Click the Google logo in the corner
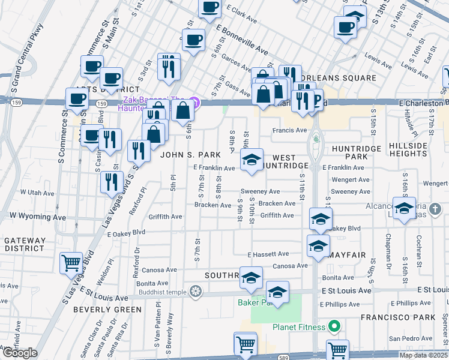(x=20, y=353)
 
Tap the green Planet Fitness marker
(x=335, y=327)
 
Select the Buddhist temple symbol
(x=194, y=292)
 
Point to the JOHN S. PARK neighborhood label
(x=186, y=155)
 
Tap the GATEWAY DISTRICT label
(x=24, y=244)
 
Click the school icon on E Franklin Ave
(x=252, y=160)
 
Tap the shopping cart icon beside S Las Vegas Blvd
(x=71, y=262)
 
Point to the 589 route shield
(x=283, y=356)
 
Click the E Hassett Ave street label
(x=272, y=254)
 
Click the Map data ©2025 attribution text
(x=423, y=355)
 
